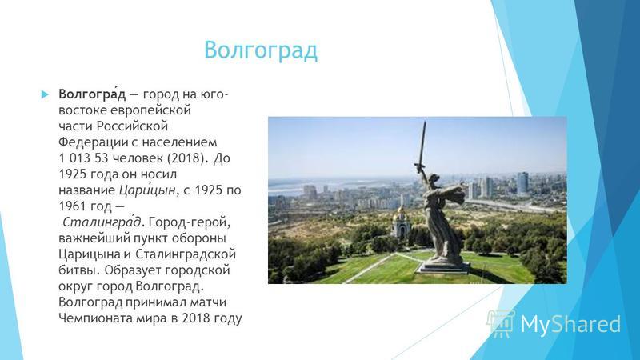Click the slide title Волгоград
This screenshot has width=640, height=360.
click(261, 50)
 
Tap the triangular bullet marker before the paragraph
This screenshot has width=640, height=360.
click(45, 94)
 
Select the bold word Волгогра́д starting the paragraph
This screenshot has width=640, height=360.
click(92, 94)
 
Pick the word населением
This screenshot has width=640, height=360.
click(179, 142)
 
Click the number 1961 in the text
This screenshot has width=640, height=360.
click(72, 206)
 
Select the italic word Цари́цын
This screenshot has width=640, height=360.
click(147, 190)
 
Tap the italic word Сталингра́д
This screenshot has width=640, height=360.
click(102, 222)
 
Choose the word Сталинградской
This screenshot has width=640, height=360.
click(186, 254)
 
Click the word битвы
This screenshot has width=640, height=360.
click(78, 270)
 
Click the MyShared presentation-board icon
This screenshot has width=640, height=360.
click(501, 324)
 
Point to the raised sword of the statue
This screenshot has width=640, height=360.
click(422, 146)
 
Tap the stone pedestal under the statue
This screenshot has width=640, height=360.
click(443, 267)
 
